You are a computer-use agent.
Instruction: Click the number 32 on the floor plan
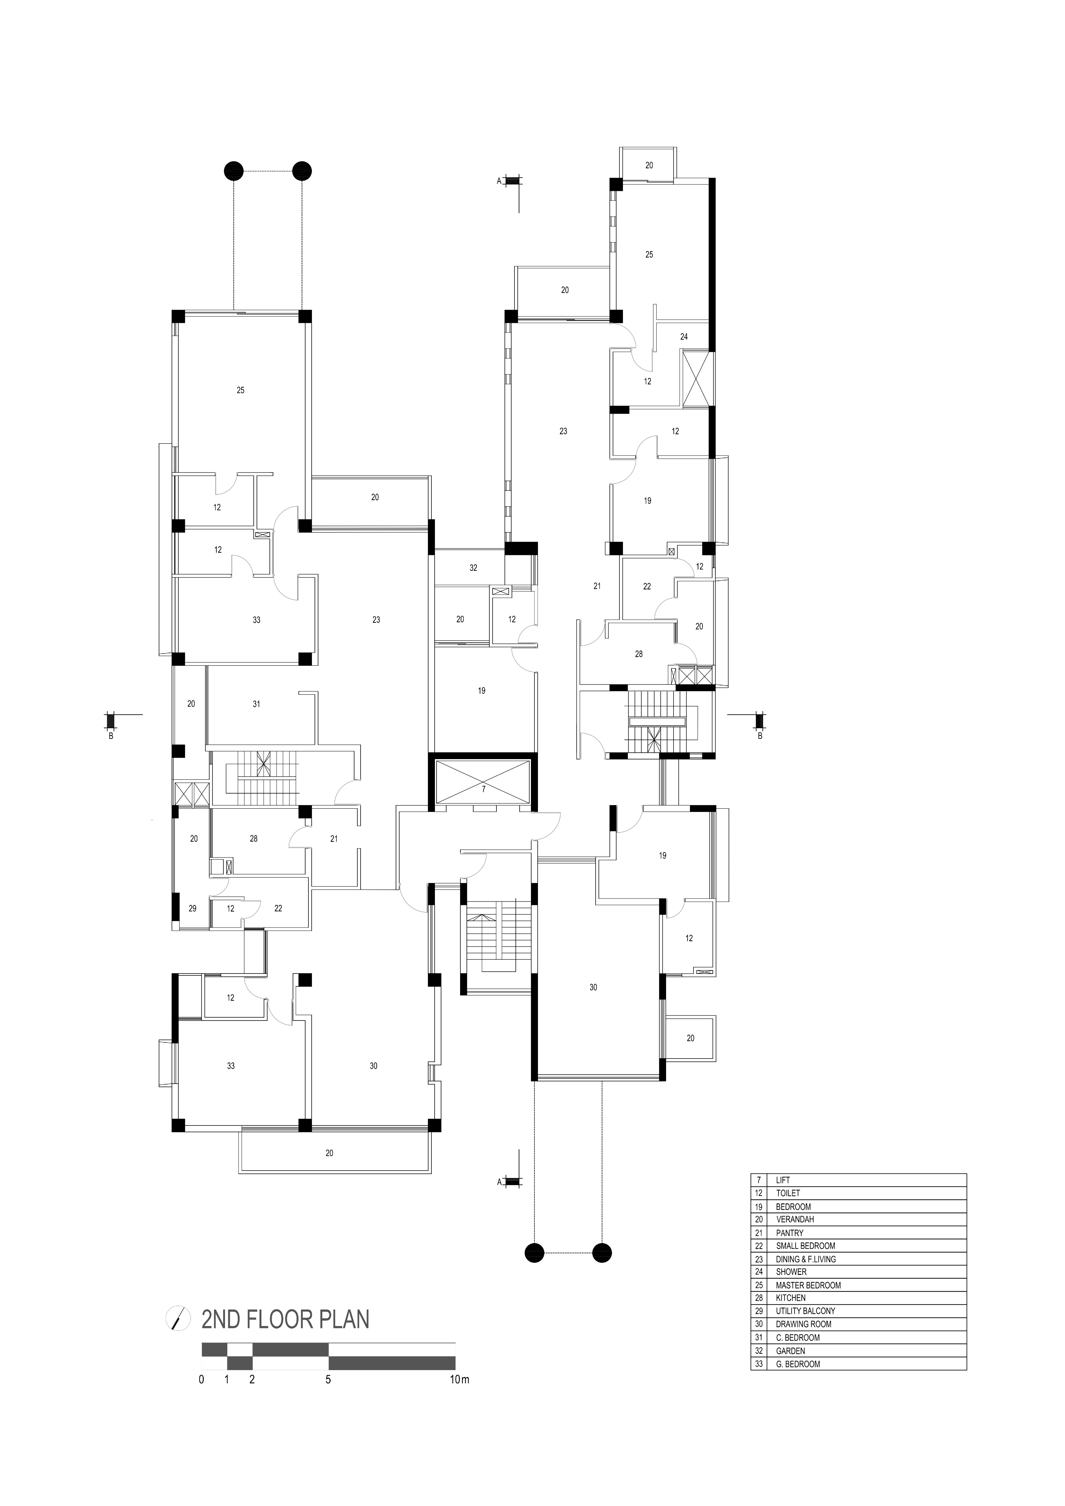(x=474, y=568)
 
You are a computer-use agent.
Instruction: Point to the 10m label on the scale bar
(x=460, y=1379)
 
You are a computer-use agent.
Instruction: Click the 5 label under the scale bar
(x=328, y=1379)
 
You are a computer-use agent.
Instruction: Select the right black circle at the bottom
(x=602, y=1253)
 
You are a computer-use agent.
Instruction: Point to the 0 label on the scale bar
(x=201, y=1379)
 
